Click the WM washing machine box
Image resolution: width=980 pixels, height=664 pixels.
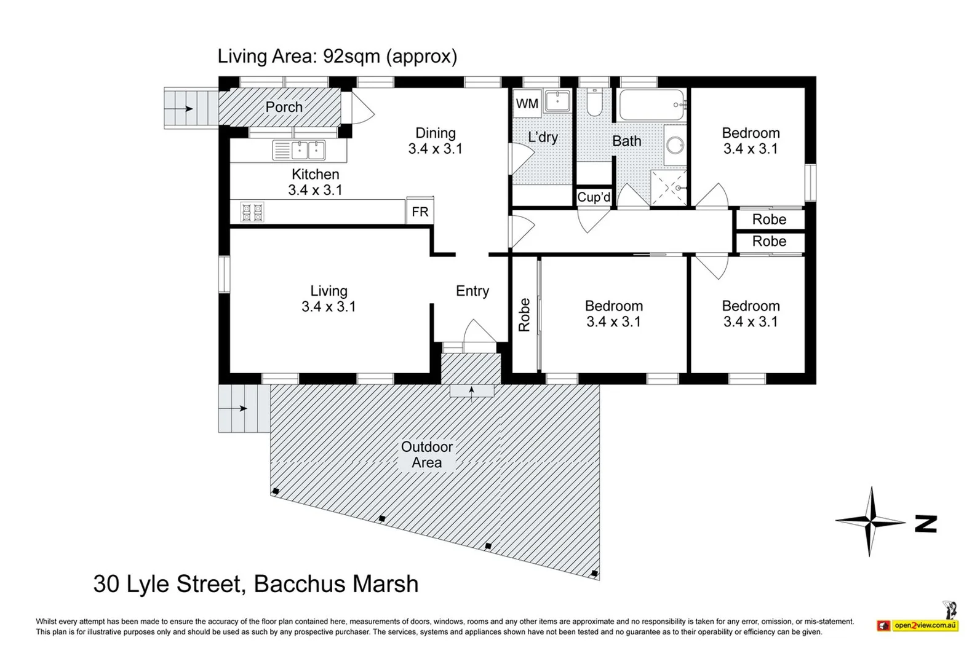527,103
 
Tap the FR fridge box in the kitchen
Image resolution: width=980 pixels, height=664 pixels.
420,211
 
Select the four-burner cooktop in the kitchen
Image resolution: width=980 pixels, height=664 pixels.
252,212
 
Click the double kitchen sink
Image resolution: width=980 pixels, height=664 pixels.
299,151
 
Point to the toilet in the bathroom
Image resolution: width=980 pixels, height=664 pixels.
594,102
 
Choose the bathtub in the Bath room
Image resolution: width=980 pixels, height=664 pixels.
652,105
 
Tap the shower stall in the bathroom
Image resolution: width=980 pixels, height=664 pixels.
669,188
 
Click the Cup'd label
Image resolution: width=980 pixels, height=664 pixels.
594,197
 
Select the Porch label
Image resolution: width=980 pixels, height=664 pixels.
284,107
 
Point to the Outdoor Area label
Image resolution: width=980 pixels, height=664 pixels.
426,454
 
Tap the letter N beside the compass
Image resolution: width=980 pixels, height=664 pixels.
926,524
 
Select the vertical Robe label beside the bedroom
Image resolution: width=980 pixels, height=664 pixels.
524,315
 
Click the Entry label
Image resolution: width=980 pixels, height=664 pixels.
472,291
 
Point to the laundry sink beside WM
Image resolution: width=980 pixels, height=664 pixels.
557,101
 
